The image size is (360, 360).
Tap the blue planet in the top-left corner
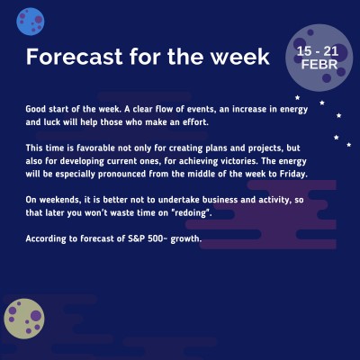coord(31,17)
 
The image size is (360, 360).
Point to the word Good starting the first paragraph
coord(36,106)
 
